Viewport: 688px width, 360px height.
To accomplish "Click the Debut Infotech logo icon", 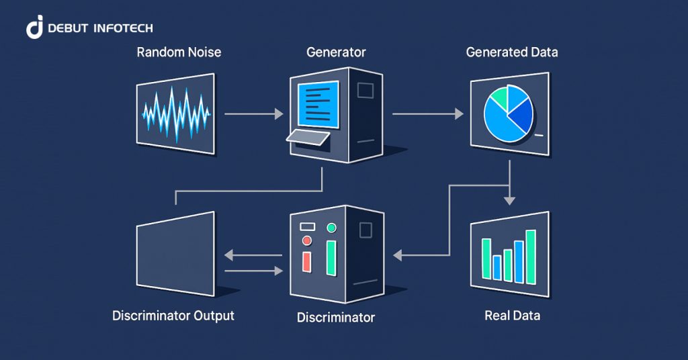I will click(35, 27).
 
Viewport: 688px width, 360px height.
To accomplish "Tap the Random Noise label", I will click(179, 52).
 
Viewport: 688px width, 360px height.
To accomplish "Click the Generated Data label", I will click(512, 52).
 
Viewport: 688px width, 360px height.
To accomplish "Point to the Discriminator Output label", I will click(173, 315).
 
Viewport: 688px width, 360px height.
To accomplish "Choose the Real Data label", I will click(512, 315).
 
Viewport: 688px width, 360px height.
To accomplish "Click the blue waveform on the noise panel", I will click(176, 114).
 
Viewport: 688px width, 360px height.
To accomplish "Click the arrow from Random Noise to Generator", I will click(253, 114).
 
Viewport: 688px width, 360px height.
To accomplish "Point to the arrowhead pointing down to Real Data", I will click(510, 199).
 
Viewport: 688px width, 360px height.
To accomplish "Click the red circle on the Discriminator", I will click(308, 240).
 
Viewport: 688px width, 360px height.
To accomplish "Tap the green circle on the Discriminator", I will click(331, 228).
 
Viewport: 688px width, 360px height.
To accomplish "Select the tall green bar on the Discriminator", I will click(331, 258).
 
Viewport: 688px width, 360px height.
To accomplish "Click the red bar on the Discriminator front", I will click(307, 261).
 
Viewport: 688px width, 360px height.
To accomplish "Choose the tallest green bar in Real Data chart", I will click(531, 257).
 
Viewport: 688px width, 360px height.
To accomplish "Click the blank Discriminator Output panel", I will click(176, 253).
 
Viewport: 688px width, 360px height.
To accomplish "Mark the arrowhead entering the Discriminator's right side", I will click(398, 255).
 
